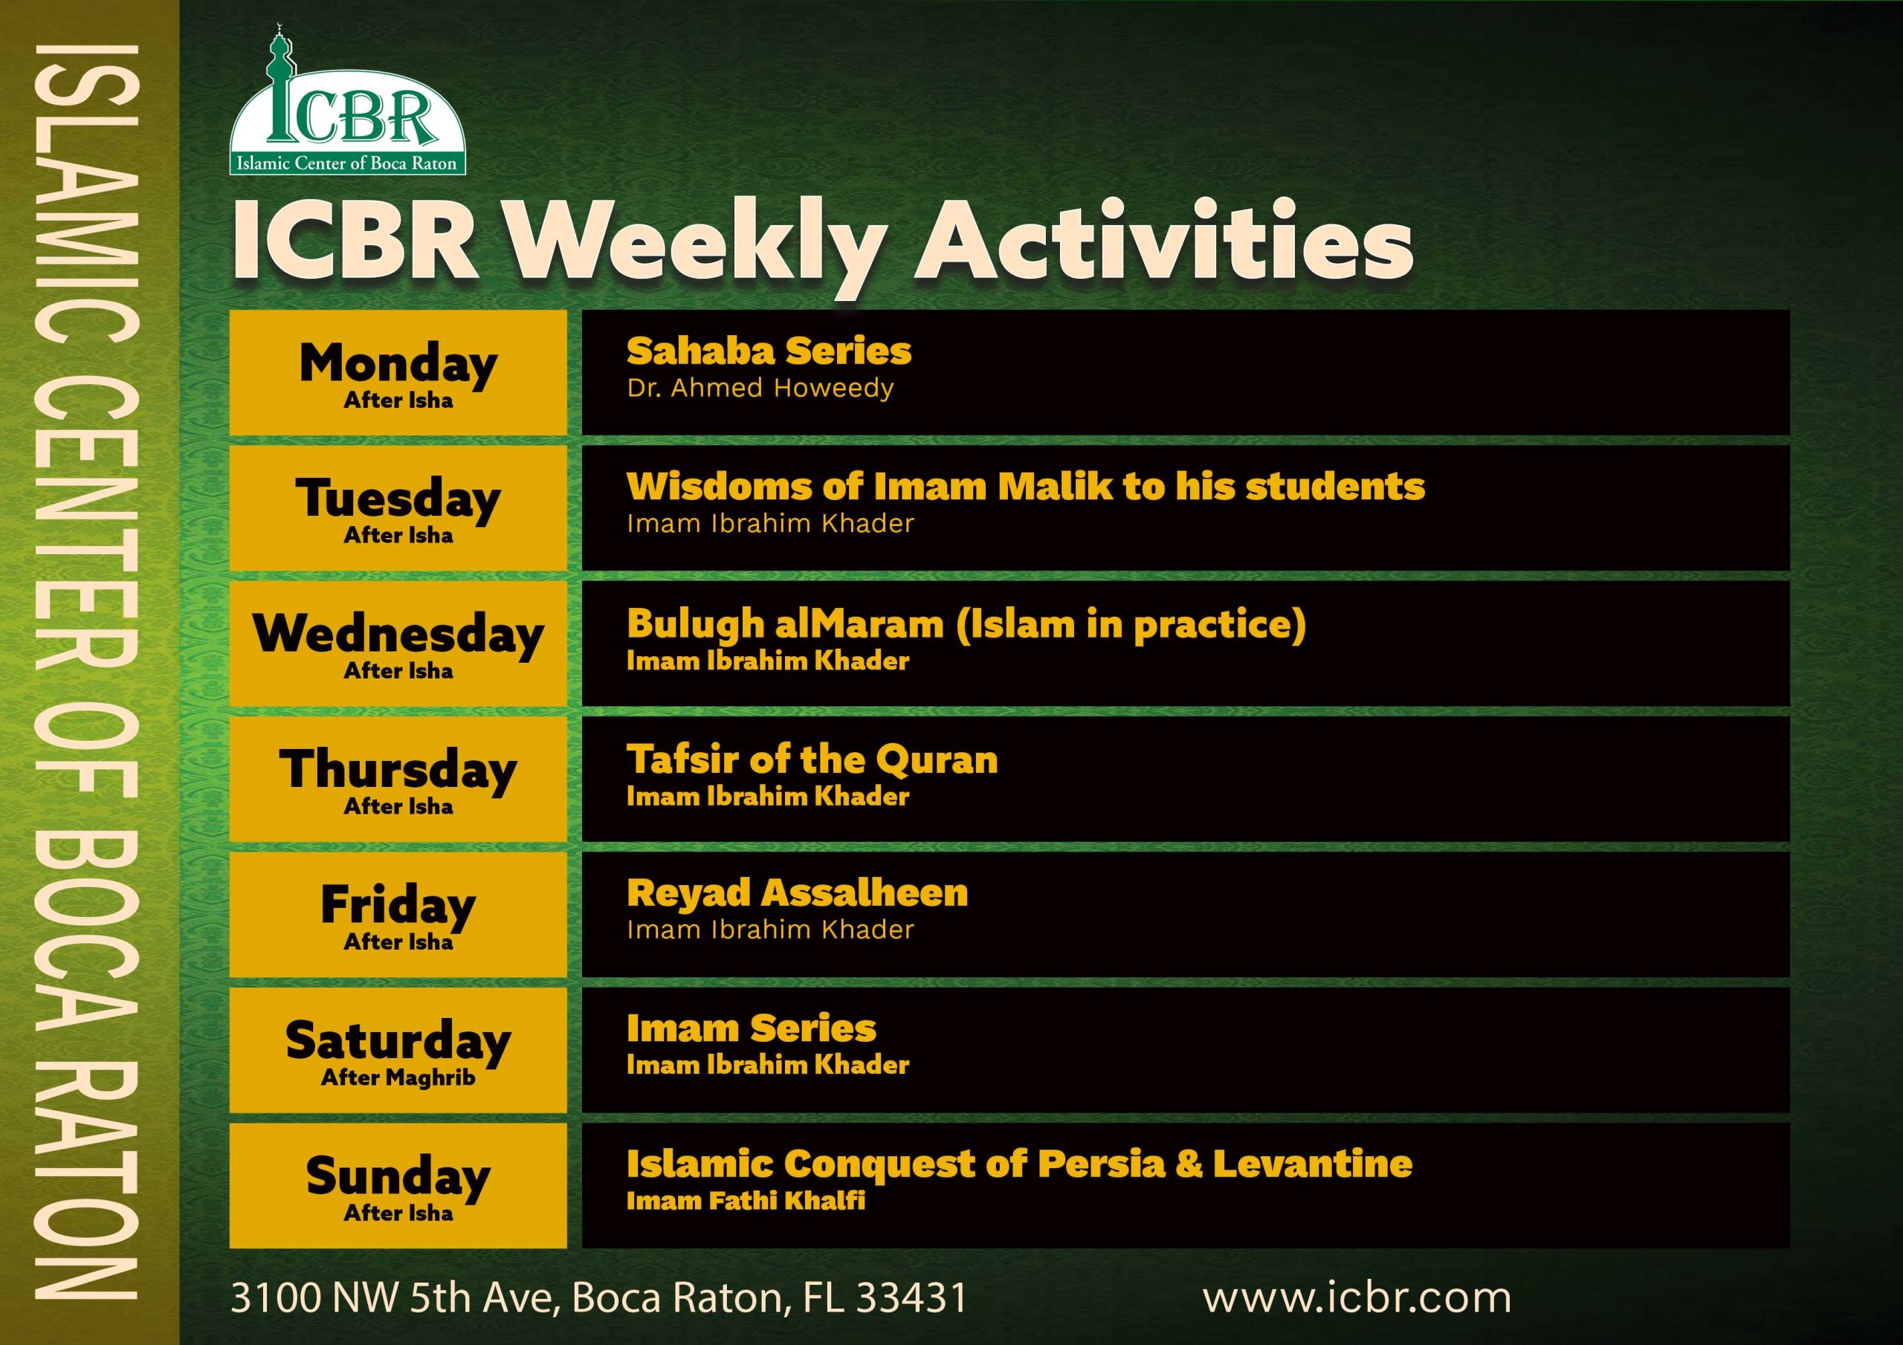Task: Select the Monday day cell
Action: click(398, 373)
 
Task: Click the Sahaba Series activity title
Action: click(769, 351)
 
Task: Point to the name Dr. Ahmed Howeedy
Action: click(760, 388)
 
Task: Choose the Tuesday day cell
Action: click(398, 508)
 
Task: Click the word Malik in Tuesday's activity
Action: click(1054, 487)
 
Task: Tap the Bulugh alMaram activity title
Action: click(966, 625)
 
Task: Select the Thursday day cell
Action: click(398, 779)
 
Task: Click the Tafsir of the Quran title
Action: click(812, 760)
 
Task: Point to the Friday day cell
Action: click(398, 915)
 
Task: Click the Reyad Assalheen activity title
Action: click(796, 893)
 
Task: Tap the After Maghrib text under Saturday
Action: click(398, 1077)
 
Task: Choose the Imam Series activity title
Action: click(751, 1028)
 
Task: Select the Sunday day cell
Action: click(398, 1186)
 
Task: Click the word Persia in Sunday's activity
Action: click(1102, 1164)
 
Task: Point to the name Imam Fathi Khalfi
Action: click(745, 1200)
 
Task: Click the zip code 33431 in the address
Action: click(911, 1297)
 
